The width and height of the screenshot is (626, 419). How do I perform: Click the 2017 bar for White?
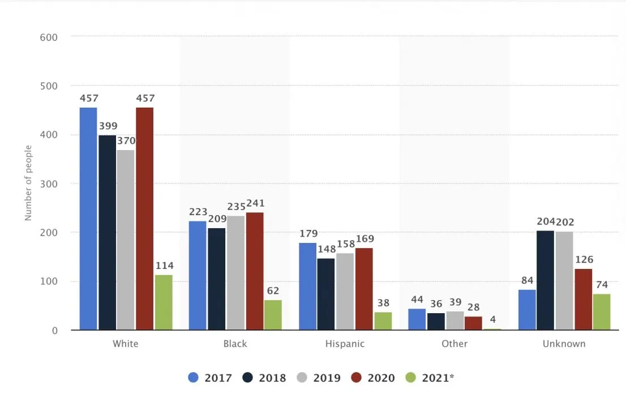click(88, 219)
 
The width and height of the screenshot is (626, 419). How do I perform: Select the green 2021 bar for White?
click(164, 302)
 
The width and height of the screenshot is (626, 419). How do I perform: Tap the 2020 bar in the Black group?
click(255, 271)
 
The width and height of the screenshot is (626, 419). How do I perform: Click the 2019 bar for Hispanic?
click(345, 291)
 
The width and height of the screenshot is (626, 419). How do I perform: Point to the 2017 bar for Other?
click(417, 319)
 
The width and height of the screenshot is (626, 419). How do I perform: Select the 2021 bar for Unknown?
click(602, 311)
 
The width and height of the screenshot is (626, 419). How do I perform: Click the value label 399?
click(108, 126)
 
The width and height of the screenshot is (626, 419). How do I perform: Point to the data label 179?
click(308, 234)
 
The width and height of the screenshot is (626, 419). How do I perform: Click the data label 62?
click(273, 291)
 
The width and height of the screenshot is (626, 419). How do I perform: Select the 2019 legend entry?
click(320, 378)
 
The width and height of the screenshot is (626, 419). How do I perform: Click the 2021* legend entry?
click(431, 378)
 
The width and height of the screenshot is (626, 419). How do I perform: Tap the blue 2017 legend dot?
click(194, 378)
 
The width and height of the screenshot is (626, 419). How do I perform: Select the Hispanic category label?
click(345, 344)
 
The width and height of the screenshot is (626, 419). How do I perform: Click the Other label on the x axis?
click(455, 344)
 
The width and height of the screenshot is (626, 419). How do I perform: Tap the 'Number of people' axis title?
click(28, 183)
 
